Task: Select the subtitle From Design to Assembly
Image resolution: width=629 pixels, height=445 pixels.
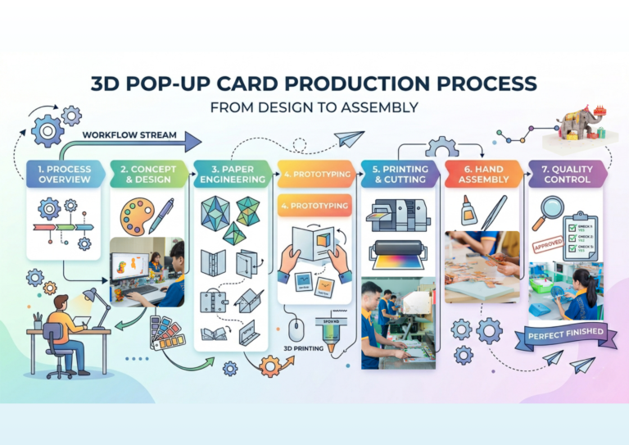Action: (314, 107)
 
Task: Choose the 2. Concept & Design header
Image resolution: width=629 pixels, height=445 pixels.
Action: (147, 175)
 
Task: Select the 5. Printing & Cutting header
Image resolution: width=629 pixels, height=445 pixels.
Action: (399, 175)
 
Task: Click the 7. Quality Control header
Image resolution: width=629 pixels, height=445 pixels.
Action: (567, 175)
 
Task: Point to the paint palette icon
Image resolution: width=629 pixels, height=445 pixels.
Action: (133, 215)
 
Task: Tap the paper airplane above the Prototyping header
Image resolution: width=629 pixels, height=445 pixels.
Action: (350, 138)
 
